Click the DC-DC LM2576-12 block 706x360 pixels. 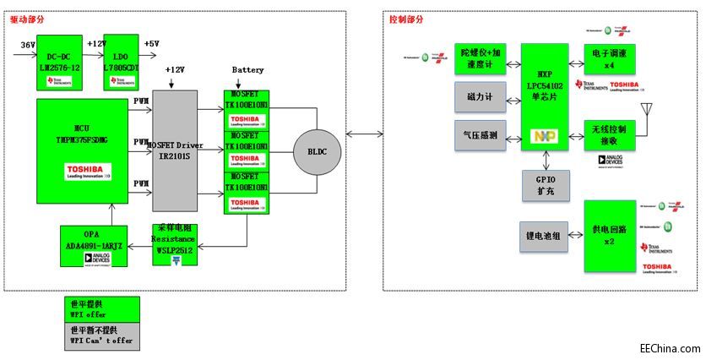coord(60,62)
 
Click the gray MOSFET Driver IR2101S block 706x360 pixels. coord(174,150)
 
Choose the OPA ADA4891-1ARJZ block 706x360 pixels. coord(94,245)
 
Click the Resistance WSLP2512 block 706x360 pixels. coord(176,245)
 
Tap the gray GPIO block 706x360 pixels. coord(546,185)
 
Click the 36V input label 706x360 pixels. coord(26,44)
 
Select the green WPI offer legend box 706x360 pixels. coord(103,310)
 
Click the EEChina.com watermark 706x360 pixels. coord(670,348)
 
